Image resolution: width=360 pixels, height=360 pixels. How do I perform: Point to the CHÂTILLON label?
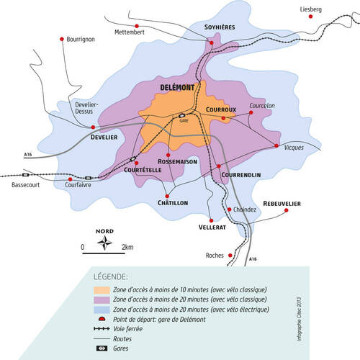(x=173, y=204)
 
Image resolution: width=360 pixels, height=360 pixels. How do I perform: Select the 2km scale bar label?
(x=127, y=248)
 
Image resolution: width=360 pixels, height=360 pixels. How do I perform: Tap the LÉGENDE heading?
(x=111, y=276)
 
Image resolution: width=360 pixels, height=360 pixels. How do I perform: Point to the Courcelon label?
(x=262, y=106)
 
